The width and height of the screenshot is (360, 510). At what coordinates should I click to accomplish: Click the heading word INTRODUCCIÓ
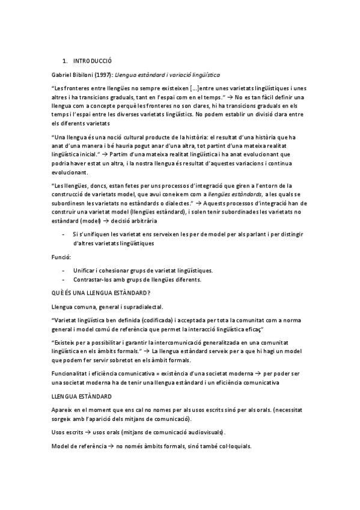92,61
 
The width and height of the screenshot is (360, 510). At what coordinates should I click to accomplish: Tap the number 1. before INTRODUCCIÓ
65,61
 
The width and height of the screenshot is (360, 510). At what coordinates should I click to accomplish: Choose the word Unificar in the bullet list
85,270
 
